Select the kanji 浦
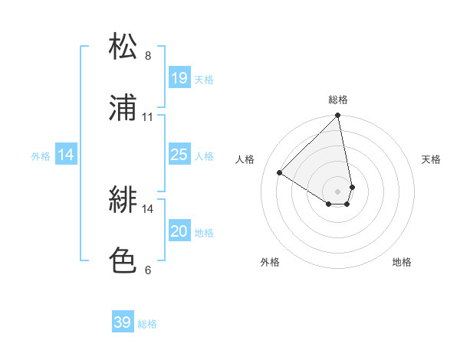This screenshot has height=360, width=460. pyautogui.click(x=123, y=107)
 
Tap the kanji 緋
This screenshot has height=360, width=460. pyautogui.click(x=123, y=200)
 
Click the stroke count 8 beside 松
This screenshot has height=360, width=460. pyautogui.click(x=148, y=56)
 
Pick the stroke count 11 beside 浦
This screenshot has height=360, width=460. pyautogui.click(x=148, y=117)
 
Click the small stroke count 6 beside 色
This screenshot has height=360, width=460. pyautogui.click(x=148, y=270)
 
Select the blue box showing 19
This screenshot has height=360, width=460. pyautogui.click(x=179, y=78)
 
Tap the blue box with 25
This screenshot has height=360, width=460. pyautogui.click(x=179, y=155)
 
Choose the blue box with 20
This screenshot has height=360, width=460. pyautogui.click(x=179, y=231)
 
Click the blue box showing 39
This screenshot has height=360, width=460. pyautogui.click(x=123, y=322)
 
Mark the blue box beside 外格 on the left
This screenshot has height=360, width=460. pyautogui.click(x=67, y=155)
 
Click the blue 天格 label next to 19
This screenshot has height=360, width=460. pyautogui.click(x=203, y=80)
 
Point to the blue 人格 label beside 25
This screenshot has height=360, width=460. pyautogui.click(x=203, y=156)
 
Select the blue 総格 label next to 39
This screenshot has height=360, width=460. pyautogui.click(x=147, y=324)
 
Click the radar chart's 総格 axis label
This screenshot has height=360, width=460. pyautogui.click(x=338, y=100)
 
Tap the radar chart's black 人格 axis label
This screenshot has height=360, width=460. pyautogui.click(x=245, y=159)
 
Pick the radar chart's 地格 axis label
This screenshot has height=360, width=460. pyautogui.click(x=402, y=263)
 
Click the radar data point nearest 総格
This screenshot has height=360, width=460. pyautogui.click(x=338, y=116)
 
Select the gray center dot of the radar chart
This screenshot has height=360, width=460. pyautogui.click(x=338, y=191)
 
